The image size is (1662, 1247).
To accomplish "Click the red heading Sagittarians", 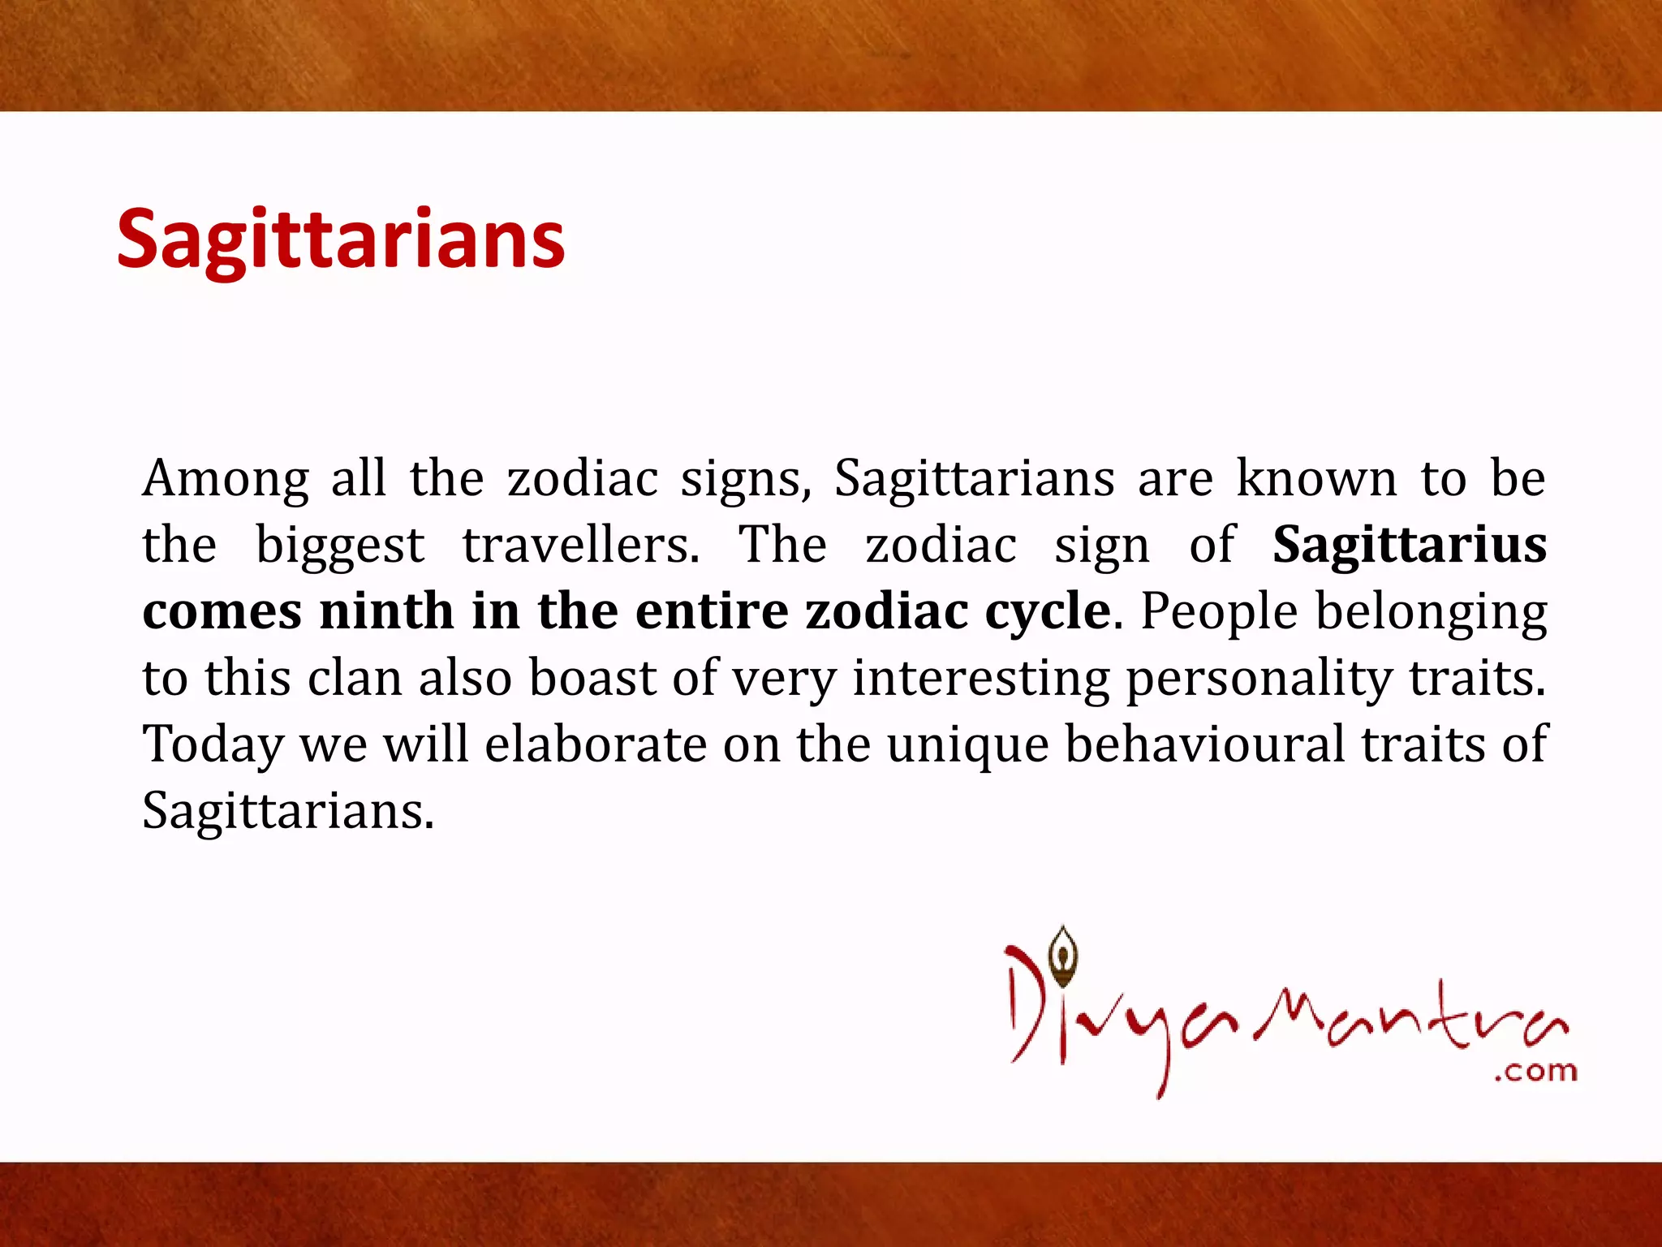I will click(340, 239).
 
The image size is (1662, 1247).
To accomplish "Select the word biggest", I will click(340, 546).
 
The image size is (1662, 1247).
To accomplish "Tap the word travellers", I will click(580, 545).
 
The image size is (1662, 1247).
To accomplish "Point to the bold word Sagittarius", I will click(1410, 545).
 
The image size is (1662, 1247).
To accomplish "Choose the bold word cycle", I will click(1047, 612).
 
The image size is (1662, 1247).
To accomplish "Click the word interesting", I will click(980, 679).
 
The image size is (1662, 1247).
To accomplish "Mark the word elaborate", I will click(596, 744).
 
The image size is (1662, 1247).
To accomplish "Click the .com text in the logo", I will click(1535, 1072).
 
